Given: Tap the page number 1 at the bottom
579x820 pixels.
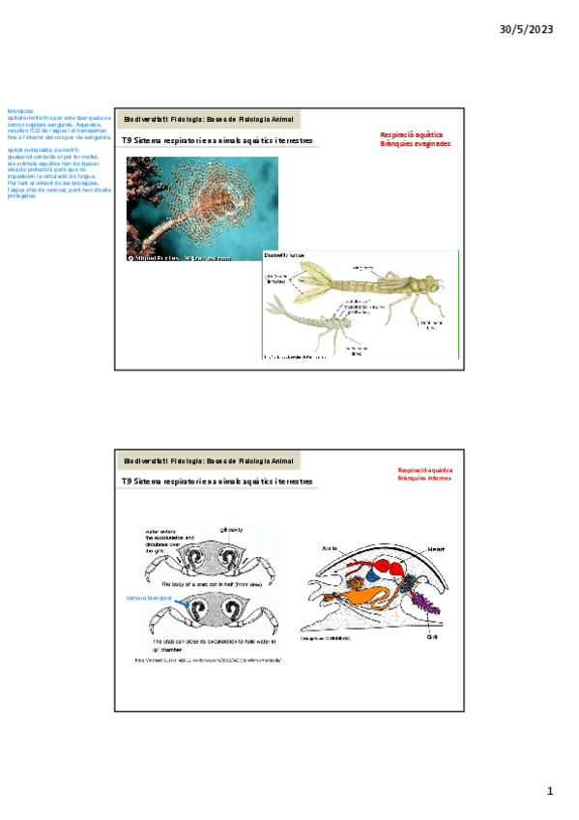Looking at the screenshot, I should [x=550, y=792].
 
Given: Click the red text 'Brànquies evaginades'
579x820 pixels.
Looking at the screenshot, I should [x=415, y=144].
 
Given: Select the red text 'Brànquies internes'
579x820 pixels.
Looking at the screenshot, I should [x=425, y=480].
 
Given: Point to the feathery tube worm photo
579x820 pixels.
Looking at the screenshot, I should [x=201, y=209].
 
